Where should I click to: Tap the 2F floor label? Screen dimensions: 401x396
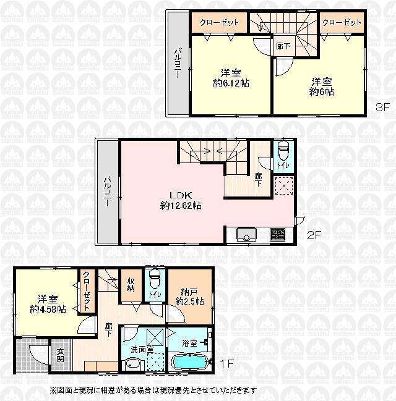click(x=314, y=235)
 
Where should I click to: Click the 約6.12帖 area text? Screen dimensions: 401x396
click(x=230, y=83)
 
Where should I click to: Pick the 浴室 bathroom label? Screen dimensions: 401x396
click(x=189, y=343)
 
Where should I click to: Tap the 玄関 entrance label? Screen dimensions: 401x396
click(x=61, y=355)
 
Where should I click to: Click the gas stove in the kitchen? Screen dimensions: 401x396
click(x=276, y=235)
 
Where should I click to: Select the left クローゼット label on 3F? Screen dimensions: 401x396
click(x=219, y=22)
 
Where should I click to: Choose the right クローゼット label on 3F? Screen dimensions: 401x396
click(x=342, y=22)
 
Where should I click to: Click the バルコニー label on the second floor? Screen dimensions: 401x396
click(x=107, y=191)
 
